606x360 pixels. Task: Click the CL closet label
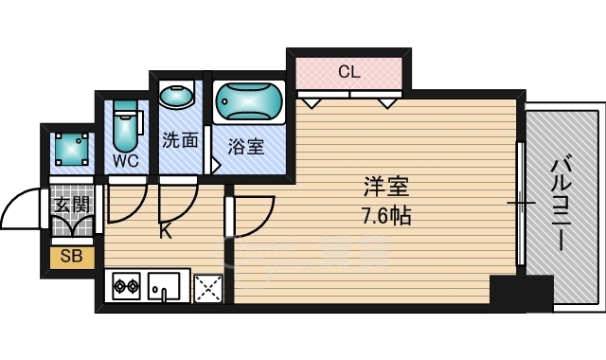pos(349,70)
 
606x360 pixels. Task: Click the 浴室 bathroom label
pos(245,147)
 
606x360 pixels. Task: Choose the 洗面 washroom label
pos(180,141)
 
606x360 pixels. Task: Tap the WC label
pos(125,160)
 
